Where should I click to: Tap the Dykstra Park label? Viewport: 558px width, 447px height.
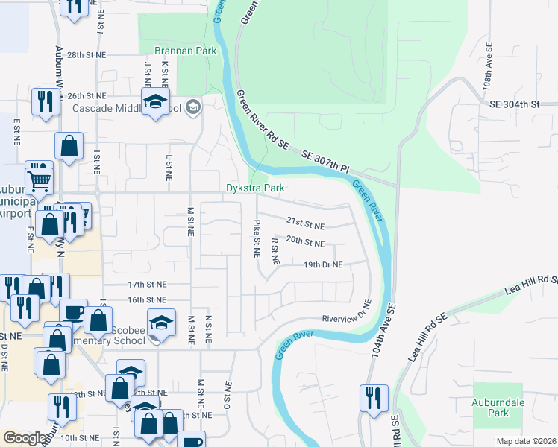click(255, 188)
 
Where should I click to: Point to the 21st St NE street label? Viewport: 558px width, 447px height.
click(305, 225)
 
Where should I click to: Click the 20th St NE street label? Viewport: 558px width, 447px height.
click(305, 244)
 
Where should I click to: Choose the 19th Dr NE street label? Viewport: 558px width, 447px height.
click(323, 264)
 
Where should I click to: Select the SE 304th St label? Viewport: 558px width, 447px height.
click(514, 105)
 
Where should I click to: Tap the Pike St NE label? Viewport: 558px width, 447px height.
click(257, 238)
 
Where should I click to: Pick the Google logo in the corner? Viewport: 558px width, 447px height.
click(25, 438)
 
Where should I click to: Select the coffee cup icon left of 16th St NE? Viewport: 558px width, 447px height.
click(73, 312)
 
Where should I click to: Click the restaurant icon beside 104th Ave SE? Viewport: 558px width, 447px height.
click(372, 396)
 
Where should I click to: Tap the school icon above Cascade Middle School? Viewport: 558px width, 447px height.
click(156, 102)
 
